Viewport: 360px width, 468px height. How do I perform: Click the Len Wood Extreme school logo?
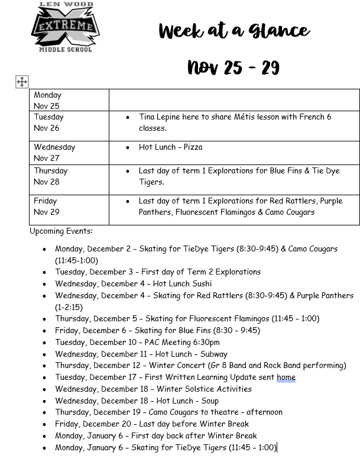click(x=66, y=27)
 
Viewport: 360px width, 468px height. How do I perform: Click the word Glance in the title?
click(x=277, y=31)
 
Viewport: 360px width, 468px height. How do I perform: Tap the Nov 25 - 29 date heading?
click(x=233, y=67)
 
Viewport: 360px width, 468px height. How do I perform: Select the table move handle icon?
click(x=22, y=82)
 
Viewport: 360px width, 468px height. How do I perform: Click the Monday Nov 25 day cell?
click(x=69, y=100)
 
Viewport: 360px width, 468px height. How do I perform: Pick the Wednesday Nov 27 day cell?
click(x=69, y=152)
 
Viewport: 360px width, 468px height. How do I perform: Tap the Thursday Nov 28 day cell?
click(x=69, y=176)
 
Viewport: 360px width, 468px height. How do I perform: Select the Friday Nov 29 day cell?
click(x=69, y=206)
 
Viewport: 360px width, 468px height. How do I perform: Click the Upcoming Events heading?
click(x=61, y=231)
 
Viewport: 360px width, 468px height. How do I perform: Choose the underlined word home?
click(x=286, y=377)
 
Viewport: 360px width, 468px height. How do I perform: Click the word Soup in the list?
click(x=206, y=401)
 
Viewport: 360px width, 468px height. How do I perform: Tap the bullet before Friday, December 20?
click(x=44, y=424)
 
